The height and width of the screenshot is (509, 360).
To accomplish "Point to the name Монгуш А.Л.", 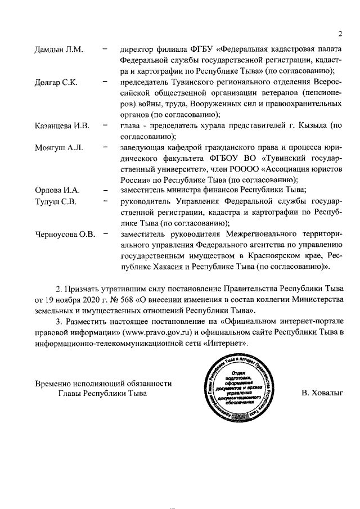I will click(59, 147).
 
